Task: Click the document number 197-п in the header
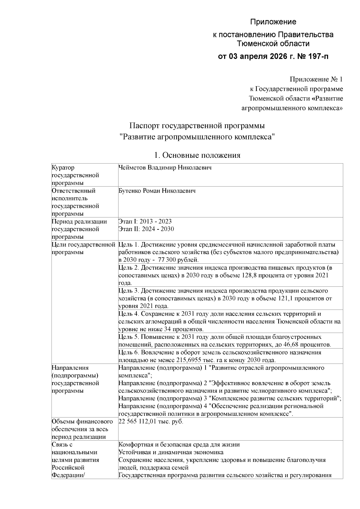[x=317, y=56]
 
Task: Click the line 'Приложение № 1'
[x=316, y=79]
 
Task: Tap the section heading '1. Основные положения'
[x=197, y=155]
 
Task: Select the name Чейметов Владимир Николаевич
[x=165, y=168]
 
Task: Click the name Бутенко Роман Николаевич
[x=157, y=191]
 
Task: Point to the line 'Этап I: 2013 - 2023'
[x=145, y=221]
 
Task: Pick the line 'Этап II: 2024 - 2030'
[x=146, y=229]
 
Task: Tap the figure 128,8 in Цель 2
[x=249, y=275]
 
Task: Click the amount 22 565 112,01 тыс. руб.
[x=151, y=421]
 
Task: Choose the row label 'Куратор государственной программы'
[x=75, y=175]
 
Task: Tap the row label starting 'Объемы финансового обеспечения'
[x=82, y=429]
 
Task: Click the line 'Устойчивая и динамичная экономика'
[x=171, y=452]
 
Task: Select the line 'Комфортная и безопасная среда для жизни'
[x=179, y=445]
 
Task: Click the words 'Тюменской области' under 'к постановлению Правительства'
[x=273, y=43]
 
